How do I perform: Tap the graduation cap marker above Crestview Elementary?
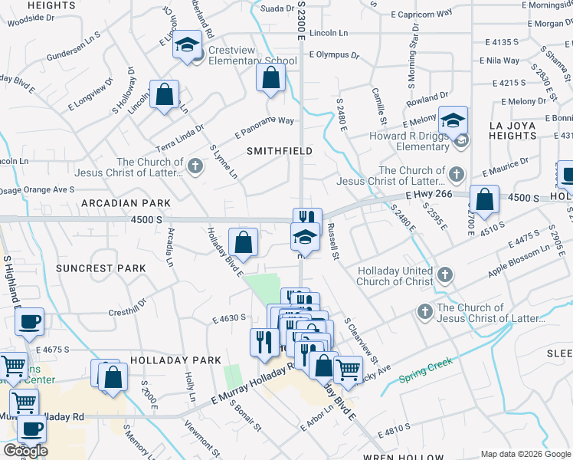coord(186,46)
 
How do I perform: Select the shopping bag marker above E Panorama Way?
coord(270,77)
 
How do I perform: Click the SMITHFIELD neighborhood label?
coord(279,151)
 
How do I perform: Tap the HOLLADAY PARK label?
coord(175,360)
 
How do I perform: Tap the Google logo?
coord(25,451)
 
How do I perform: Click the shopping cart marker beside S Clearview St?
coord(349,370)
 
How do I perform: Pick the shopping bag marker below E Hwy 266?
coord(484,201)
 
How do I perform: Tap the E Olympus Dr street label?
coord(334,55)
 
